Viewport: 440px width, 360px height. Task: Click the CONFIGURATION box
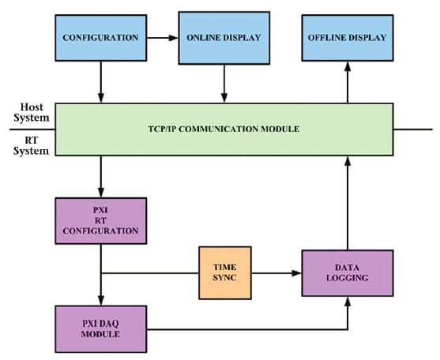(100, 37)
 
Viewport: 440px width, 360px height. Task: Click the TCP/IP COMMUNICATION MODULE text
(224, 128)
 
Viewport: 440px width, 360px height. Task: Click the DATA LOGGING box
(347, 272)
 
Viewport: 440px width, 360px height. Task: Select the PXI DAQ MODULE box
(100, 328)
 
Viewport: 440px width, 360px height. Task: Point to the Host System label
(30, 112)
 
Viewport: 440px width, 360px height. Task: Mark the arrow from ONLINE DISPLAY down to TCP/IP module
(225, 83)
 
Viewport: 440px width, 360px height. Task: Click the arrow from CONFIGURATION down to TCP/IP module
(101, 83)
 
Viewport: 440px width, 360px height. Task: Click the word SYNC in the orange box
(224, 279)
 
